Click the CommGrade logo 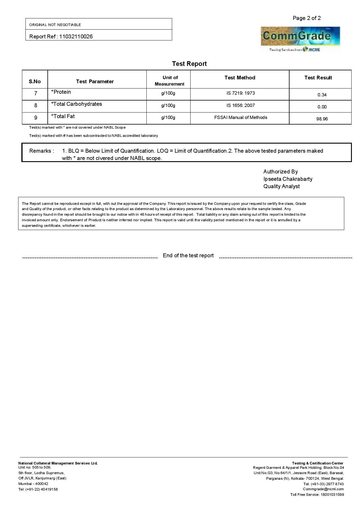pyautogui.click(x=300, y=39)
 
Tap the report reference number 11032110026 pyautogui.click(x=76, y=37)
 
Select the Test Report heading pyautogui.click(x=189, y=64)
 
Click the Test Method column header pyautogui.click(x=240, y=78)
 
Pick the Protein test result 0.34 pyautogui.click(x=322, y=95)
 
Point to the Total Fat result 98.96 pyautogui.click(x=322, y=119)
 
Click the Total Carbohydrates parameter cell pyautogui.click(x=76, y=104)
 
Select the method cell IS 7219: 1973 pyautogui.click(x=240, y=93)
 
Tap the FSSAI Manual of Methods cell pyautogui.click(x=240, y=118)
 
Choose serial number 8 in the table pyautogui.click(x=35, y=105)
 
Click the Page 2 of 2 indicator pyautogui.click(x=307, y=18)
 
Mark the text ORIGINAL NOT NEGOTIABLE pyautogui.click(x=55, y=25)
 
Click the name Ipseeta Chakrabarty pyautogui.click(x=287, y=179)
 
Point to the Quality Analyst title pyautogui.click(x=281, y=186)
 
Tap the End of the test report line pyautogui.click(x=188, y=256)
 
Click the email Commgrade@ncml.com pyautogui.click(x=323, y=489)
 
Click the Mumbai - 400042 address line pyautogui.click(x=33, y=484)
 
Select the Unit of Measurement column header pyautogui.click(x=169, y=81)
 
